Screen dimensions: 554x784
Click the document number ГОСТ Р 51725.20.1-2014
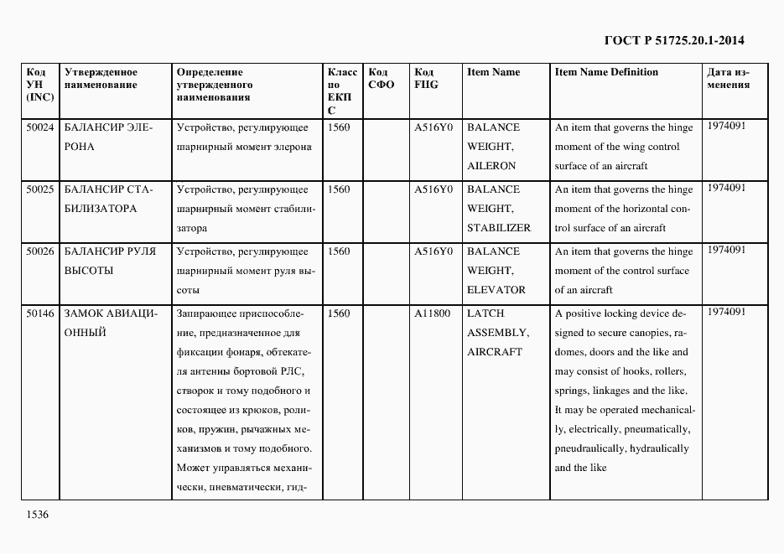coord(674,40)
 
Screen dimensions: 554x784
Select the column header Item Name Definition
coord(606,72)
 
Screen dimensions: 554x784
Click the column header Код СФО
coord(381,79)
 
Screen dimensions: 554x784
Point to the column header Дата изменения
coord(728,79)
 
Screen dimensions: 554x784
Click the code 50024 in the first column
coord(39,127)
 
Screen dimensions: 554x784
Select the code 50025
coord(39,189)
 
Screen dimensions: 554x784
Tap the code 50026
coord(39,251)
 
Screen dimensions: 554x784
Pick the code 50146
coord(39,313)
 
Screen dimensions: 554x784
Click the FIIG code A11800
coord(433,313)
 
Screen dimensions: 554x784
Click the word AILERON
coord(491,166)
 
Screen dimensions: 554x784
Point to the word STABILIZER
coord(499,228)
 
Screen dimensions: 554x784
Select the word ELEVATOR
coord(496,290)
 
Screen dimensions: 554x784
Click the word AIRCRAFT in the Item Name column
coord(495,352)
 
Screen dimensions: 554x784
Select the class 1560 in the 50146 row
coord(339,313)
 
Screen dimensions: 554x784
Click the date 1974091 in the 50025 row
coord(726,188)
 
